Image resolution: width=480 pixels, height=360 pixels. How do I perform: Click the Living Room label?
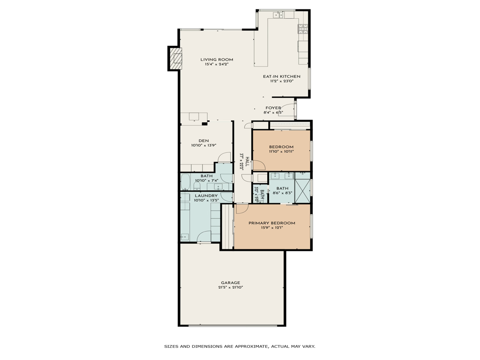point(217,60)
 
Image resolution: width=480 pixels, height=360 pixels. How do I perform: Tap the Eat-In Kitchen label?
point(281,76)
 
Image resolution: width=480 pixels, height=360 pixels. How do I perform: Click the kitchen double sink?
point(277,15)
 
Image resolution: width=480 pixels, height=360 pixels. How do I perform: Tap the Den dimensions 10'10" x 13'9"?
point(203,145)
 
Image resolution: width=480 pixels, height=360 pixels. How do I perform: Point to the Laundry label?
point(206,195)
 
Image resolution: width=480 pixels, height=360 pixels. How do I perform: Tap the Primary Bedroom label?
point(272,223)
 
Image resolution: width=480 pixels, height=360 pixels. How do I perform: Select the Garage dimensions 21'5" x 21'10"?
point(231,287)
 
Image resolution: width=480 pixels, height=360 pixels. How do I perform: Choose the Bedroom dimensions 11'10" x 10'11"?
point(281,151)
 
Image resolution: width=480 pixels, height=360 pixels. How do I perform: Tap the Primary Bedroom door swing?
point(242,208)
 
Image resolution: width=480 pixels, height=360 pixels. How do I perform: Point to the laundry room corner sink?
point(185,236)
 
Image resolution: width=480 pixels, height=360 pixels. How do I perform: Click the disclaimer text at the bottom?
point(240,346)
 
